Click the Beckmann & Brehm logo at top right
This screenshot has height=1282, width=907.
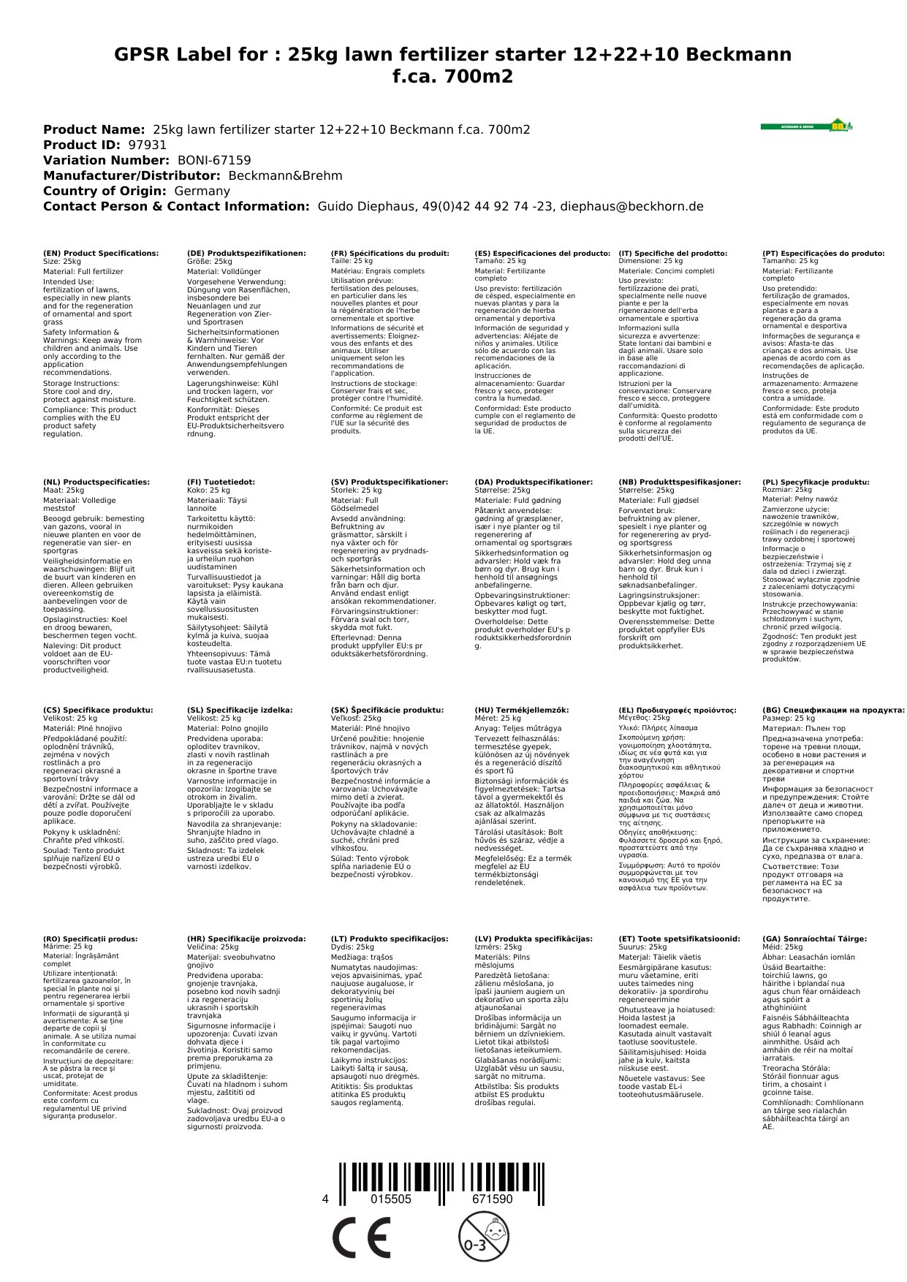coord(806,126)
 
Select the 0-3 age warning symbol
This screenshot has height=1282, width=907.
coord(483,1236)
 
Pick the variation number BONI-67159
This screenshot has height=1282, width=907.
coord(214,160)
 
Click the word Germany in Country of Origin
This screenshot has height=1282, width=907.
coord(202,191)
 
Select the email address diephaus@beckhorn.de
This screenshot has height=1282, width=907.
coord(631,206)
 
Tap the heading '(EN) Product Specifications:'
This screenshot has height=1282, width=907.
coord(101,254)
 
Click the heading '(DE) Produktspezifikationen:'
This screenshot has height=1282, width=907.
coord(246,254)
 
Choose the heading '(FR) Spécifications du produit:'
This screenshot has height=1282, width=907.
coord(390,254)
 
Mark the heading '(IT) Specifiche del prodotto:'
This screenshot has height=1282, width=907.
coord(672,254)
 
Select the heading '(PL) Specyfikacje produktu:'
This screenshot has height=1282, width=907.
coord(816,482)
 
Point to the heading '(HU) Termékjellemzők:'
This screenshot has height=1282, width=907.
coord(521,710)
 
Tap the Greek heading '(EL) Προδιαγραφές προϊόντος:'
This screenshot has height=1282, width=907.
coord(678,710)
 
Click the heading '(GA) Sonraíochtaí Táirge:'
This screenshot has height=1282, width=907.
coord(814,938)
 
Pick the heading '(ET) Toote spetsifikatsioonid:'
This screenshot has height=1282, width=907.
coord(679,938)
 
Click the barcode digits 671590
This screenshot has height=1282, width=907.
coord(492,1199)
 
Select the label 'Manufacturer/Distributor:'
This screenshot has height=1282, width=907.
coord(132,175)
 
